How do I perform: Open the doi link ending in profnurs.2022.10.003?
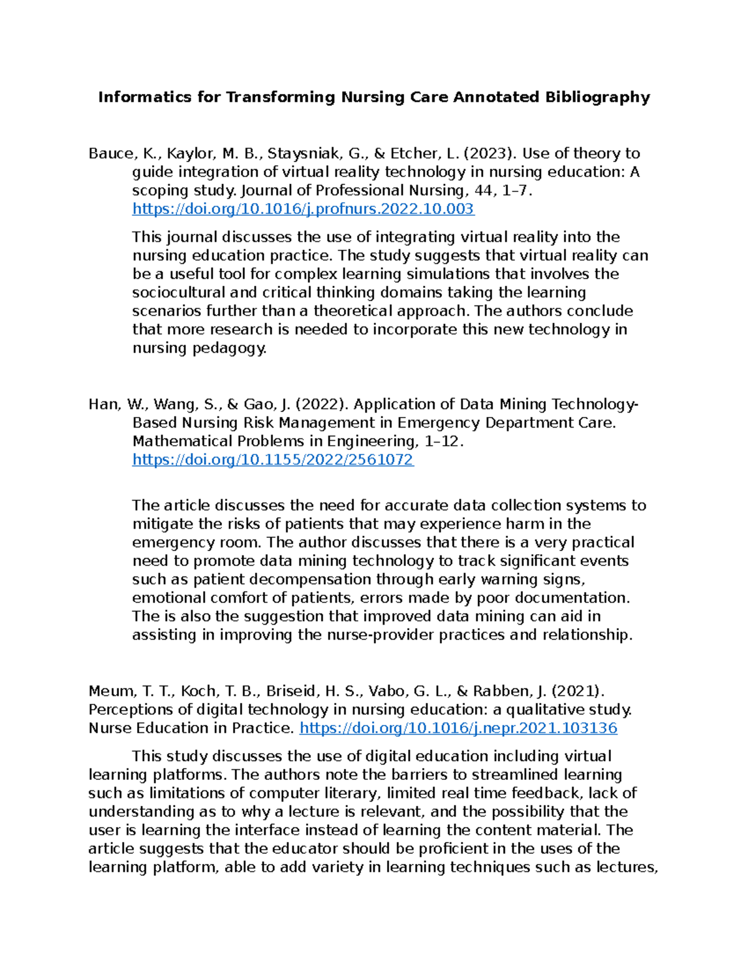[303, 209]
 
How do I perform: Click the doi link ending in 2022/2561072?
[273, 460]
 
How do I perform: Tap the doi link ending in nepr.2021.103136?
[458, 728]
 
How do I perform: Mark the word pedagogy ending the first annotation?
[234, 348]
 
